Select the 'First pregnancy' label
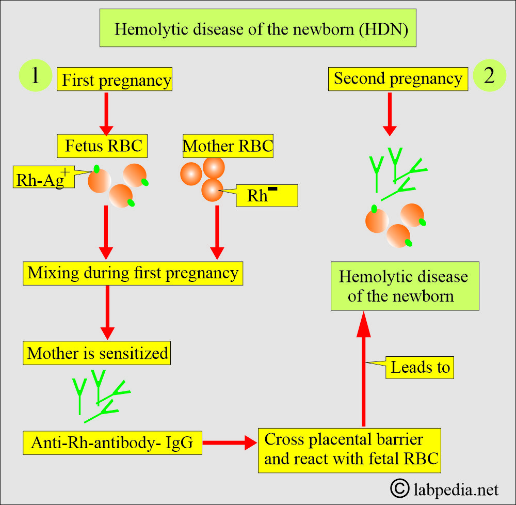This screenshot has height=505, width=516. point(116,80)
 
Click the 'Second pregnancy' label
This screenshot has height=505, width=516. point(398,78)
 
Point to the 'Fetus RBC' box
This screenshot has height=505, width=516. point(103,146)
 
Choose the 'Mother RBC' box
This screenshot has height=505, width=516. point(228,146)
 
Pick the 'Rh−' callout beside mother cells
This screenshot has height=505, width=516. point(267,196)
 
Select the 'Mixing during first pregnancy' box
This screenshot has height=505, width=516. point(133,273)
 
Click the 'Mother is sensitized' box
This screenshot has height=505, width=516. point(98,353)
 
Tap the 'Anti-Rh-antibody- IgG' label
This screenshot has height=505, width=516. point(112,443)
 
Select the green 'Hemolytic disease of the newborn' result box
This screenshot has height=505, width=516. point(404,286)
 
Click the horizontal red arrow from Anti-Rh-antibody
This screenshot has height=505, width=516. point(230,443)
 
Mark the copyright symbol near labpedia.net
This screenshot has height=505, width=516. point(398,487)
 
